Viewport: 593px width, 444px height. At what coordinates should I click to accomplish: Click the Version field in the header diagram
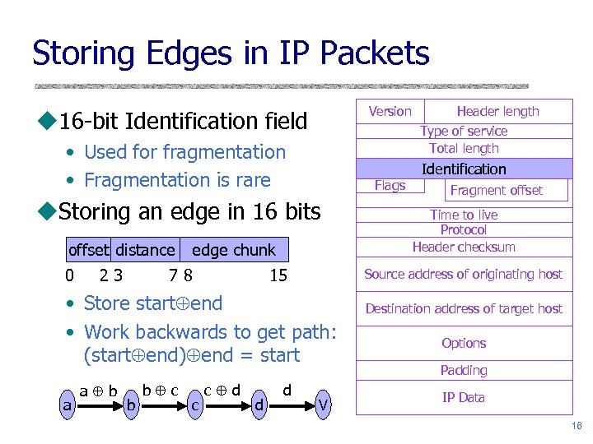pos(390,111)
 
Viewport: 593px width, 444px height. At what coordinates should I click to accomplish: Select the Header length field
pos(497,111)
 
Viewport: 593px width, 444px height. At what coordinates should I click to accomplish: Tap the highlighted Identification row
pos(464,169)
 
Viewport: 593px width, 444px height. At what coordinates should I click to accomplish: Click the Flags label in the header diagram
pos(390,185)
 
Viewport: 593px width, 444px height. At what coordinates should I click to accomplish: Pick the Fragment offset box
pos(497,190)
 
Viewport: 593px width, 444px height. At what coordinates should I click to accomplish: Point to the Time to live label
pos(464,215)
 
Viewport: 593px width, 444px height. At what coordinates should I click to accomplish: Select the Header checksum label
pos(464,247)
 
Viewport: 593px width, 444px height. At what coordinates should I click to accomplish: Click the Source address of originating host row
pos(464,274)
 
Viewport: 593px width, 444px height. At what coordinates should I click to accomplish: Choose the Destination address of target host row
pos(464,308)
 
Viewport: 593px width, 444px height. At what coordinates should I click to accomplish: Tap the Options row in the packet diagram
pos(464,343)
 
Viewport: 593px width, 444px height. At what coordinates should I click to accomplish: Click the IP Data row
pos(464,397)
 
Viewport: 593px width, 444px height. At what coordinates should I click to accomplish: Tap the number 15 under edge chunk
pos(278,275)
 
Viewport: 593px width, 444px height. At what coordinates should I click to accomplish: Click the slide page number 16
pos(576,425)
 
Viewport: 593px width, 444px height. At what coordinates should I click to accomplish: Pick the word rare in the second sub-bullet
pos(252,179)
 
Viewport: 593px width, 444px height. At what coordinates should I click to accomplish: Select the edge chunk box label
pos(233,250)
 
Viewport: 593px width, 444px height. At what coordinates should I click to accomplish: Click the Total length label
pos(464,148)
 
